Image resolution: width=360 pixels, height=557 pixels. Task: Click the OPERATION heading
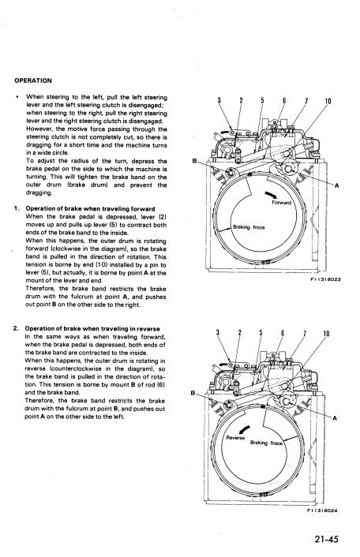coord(33,80)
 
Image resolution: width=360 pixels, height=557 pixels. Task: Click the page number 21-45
coord(326,539)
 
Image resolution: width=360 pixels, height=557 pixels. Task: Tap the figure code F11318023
coord(325,279)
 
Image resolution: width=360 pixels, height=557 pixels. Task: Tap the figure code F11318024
coord(322,510)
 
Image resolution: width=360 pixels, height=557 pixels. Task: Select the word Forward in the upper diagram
coord(281,203)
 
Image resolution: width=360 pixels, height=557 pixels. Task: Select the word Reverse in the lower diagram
coord(235,438)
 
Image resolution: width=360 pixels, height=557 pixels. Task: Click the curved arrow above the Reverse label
coord(244,429)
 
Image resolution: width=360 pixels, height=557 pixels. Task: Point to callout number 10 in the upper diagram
coord(328,101)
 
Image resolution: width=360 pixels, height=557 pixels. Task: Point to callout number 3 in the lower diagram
coord(218,332)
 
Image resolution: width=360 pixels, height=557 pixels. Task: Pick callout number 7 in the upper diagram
coord(306,101)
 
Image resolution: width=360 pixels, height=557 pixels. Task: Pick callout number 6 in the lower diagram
coord(283,333)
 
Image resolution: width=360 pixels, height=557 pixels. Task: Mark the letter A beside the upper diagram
coord(336,185)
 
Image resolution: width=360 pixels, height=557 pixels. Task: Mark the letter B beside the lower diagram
coord(193,393)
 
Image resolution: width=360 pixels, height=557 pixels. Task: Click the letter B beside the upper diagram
coord(194,161)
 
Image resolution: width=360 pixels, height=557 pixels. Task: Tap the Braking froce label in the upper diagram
coord(249,227)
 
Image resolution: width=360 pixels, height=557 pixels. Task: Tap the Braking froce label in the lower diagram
coord(266,443)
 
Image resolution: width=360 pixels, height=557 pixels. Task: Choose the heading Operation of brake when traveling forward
coord(90,208)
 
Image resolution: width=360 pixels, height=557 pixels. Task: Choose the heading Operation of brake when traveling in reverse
coord(92,328)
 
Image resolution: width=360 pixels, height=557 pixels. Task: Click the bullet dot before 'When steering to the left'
coord(17,96)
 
